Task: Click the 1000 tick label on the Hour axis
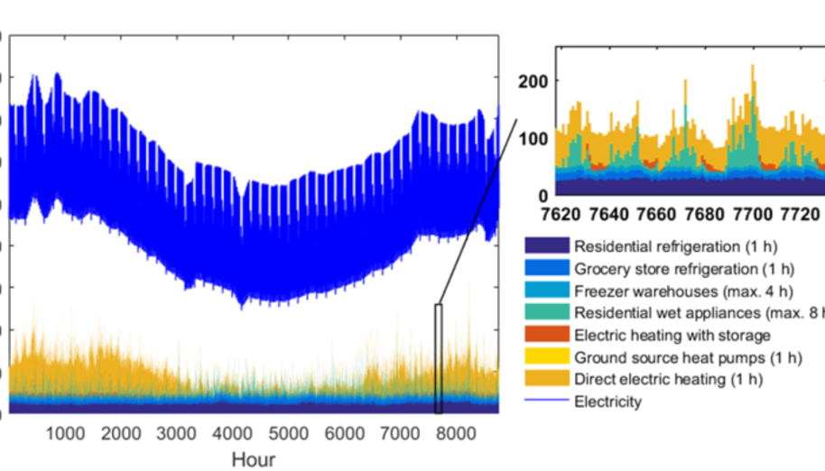click(65, 434)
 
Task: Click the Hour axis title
click(254, 459)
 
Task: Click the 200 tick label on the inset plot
click(535, 81)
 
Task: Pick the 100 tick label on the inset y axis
click(535, 138)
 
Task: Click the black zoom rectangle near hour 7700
click(439, 358)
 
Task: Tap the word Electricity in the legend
click(607, 402)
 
